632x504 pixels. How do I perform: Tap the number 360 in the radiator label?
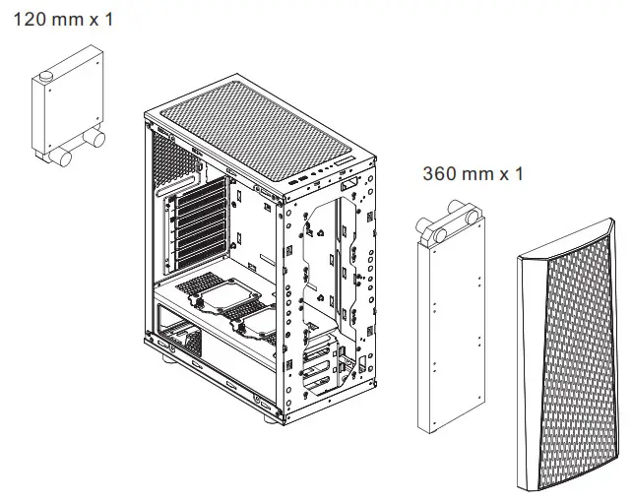pyautogui.click(x=440, y=174)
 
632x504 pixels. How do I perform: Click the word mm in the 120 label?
pyautogui.click(x=74, y=18)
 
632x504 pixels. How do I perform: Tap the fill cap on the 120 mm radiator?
pyautogui.click(x=47, y=76)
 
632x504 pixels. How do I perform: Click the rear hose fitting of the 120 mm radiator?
pyautogui.click(x=97, y=142)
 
